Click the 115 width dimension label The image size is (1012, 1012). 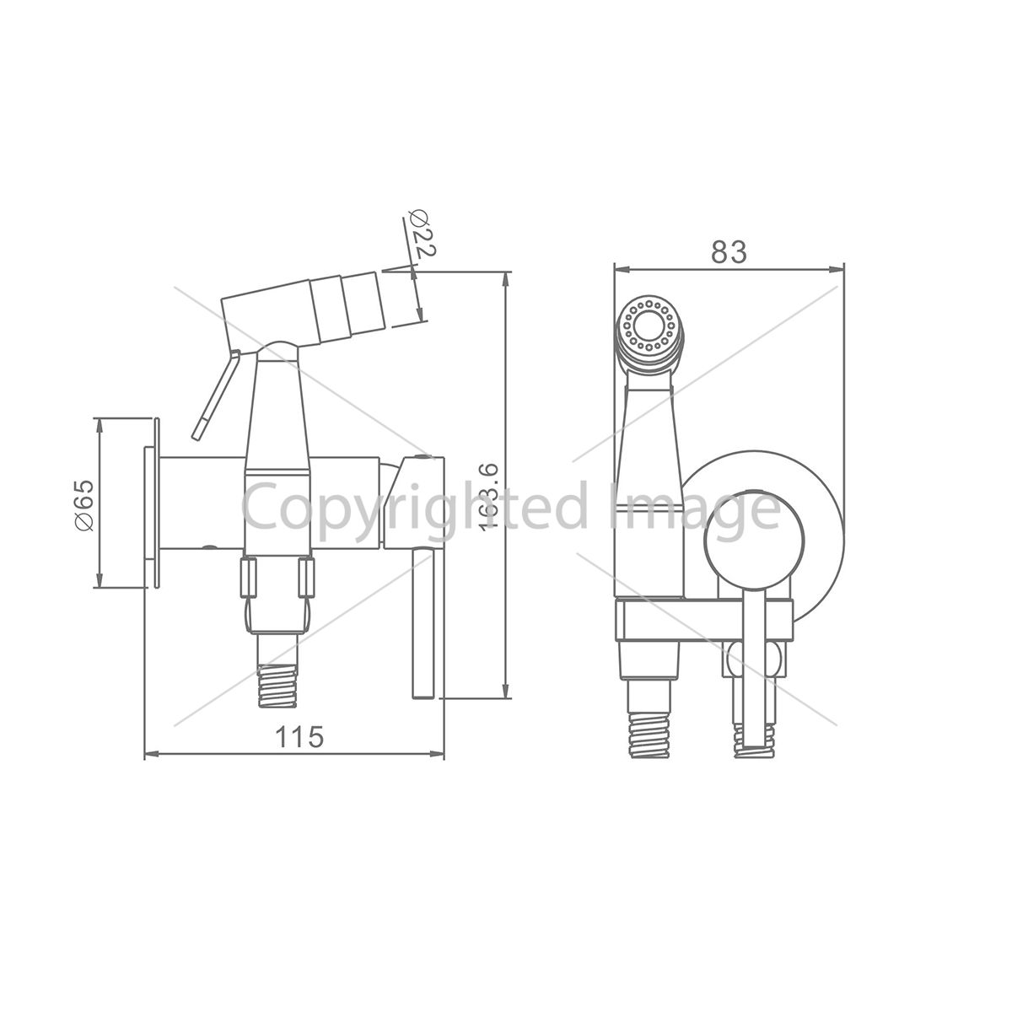pyautogui.click(x=299, y=736)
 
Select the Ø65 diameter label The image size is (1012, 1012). pyautogui.click(x=84, y=504)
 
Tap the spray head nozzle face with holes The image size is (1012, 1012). pyautogui.click(x=649, y=325)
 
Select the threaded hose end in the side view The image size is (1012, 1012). pyautogui.click(x=277, y=686)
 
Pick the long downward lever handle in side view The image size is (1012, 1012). pyautogui.click(x=423, y=623)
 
